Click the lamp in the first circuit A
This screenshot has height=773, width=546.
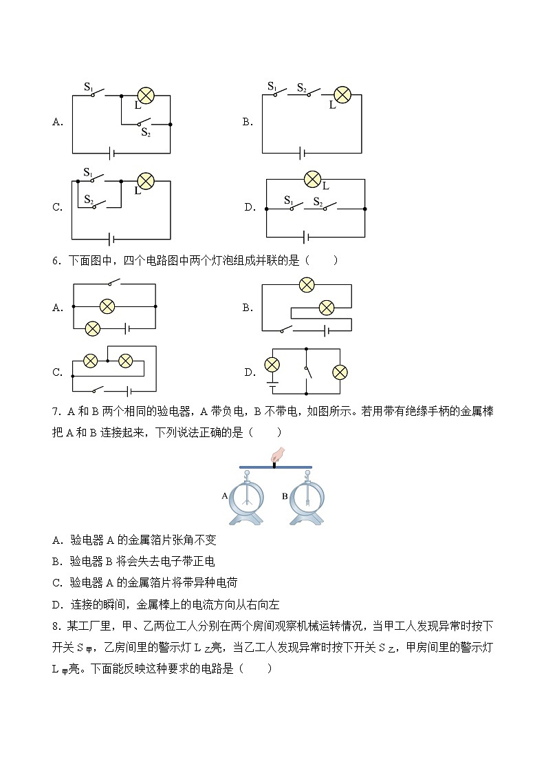pyautogui.click(x=145, y=96)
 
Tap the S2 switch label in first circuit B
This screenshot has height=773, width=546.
pyautogui.click(x=302, y=87)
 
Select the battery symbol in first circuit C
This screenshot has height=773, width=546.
pyautogui.click(x=112, y=240)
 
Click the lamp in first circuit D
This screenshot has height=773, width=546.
pyautogui.click(x=313, y=179)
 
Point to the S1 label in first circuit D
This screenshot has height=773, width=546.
pyautogui.click(x=289, y=200)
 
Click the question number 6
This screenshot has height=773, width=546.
pyautogui.click(x=56, y=261)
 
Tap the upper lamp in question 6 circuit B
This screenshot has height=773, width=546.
pyautogui.click(x=307, y=284)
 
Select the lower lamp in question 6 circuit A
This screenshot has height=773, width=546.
pyautogui.click(x=93, y=328)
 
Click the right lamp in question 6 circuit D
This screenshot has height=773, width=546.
pyautogui.click(x=340, y=372)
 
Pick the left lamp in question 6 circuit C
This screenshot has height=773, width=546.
pyautogui.click(x=91, y=361)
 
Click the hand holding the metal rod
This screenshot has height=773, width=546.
pyautogui.click(x=279, y=454)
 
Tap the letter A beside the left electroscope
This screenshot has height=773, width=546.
pyautogui.click(x=225, y=496)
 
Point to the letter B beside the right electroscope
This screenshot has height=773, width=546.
pyautogui.click(x=285, y=496)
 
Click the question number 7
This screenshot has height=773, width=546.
pyautogui.click(x=56, y=412)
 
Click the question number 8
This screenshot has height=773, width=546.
pyautogui.click(x=56, y=626)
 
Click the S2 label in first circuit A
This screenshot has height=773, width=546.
pyautogui.click(x=146, y=132)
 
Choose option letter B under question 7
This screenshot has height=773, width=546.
pyautogui.click(x=57, y=562)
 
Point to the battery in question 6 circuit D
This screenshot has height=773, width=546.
pyautogui.click(x=272, y=384)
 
